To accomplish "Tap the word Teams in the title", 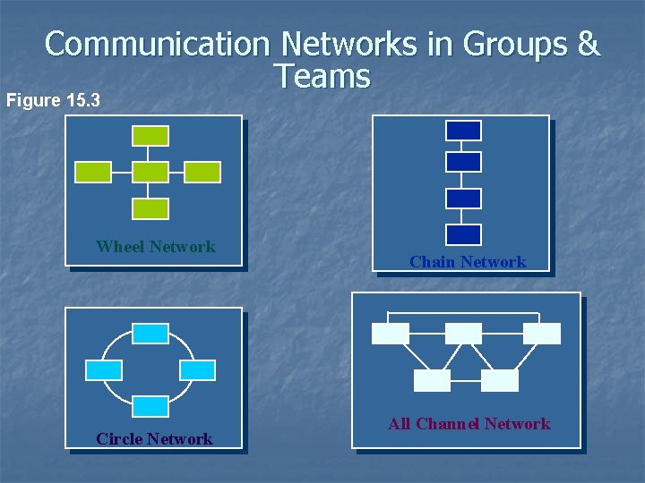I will tap(323, 77).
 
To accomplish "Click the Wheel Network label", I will tap(156, 247).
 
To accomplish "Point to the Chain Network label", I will tap(468, 262).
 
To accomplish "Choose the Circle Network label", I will tap(155, 439).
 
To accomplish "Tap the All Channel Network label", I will tap(469, 424).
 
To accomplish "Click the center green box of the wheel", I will tap(150, 172).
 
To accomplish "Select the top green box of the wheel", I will tap(150, 135).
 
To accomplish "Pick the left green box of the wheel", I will tap(92, 172).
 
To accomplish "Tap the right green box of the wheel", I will tap(202, 172).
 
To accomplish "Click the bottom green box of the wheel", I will tap(150, 208).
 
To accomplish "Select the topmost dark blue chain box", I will tap(463, 131).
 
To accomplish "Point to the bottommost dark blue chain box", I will tap(463, 234).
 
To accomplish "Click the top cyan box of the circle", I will tap(150, 334).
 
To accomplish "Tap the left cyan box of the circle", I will tap(104, 370).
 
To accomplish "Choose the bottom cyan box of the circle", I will tap(150, 405).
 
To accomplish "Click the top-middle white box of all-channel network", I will tap(463, 334).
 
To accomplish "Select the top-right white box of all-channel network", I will tap(542, 334).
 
